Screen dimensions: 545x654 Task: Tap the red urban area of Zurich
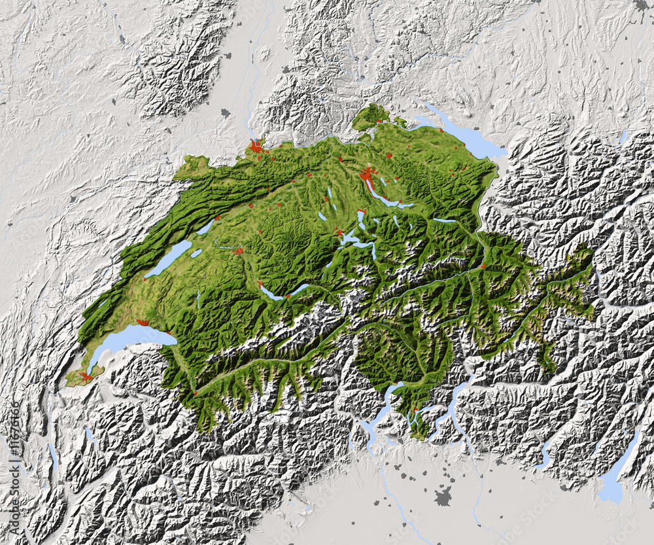368,175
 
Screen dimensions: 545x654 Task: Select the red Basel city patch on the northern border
256,147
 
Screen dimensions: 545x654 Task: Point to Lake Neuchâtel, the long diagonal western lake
169,259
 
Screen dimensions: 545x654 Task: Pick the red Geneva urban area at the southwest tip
85,376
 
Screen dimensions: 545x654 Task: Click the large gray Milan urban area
443,496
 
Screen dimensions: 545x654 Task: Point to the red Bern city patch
239,251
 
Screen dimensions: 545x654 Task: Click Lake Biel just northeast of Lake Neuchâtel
205,227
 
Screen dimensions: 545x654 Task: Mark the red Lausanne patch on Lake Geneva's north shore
143,323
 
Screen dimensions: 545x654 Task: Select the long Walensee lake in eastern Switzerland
444,220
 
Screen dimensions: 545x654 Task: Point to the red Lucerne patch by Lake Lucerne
339,232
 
